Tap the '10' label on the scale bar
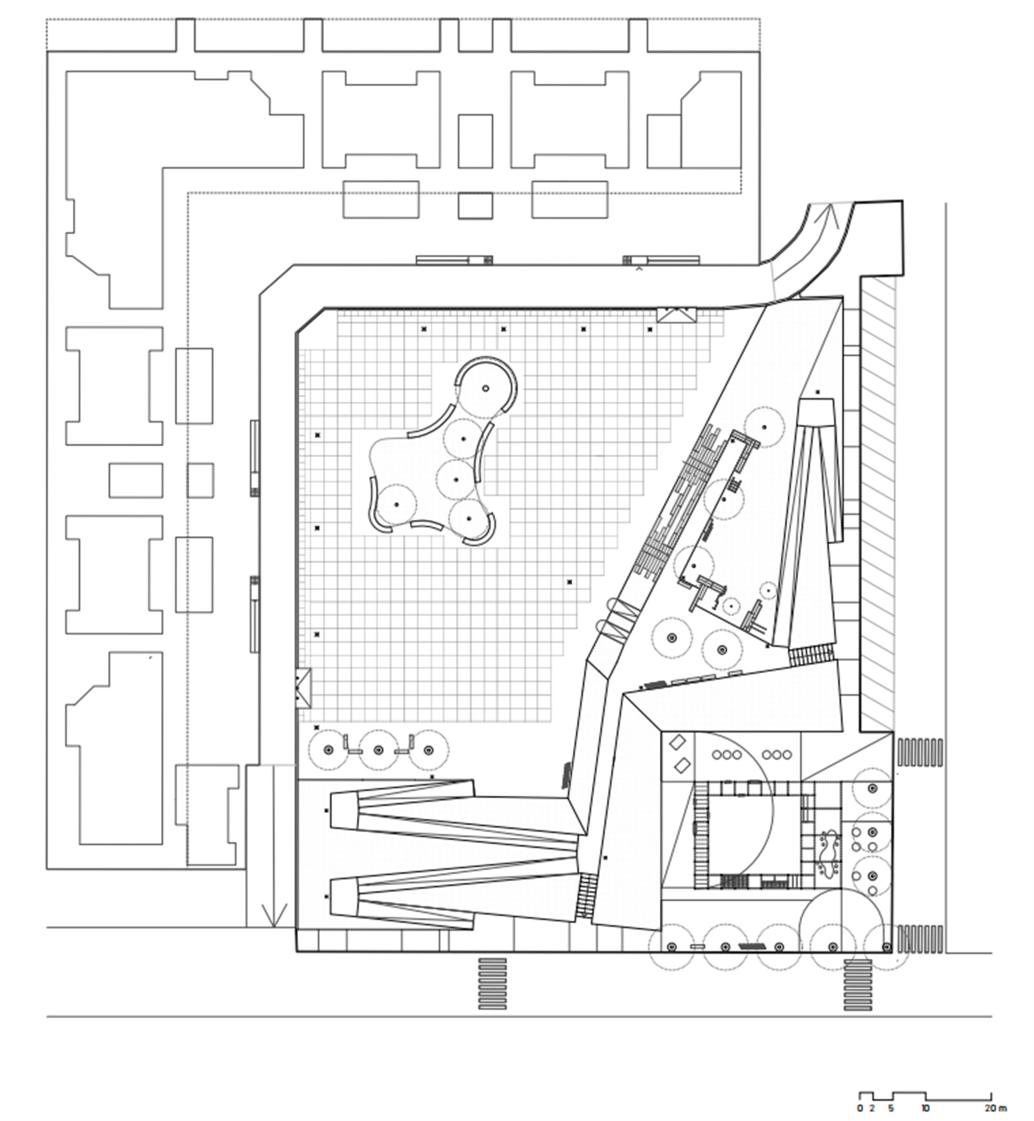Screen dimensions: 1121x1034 925,1108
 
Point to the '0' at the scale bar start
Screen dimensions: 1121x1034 860,1108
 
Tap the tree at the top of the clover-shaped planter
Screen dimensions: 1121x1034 486,388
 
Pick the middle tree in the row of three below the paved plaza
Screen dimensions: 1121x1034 378,750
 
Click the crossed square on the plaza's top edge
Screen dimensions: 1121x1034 675,315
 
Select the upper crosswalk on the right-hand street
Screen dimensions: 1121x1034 920,752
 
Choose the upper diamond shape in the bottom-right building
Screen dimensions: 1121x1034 678,743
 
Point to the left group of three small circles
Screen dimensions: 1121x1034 727,754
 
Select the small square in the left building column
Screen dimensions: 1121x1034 200,480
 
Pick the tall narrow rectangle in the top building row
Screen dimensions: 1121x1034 475,141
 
